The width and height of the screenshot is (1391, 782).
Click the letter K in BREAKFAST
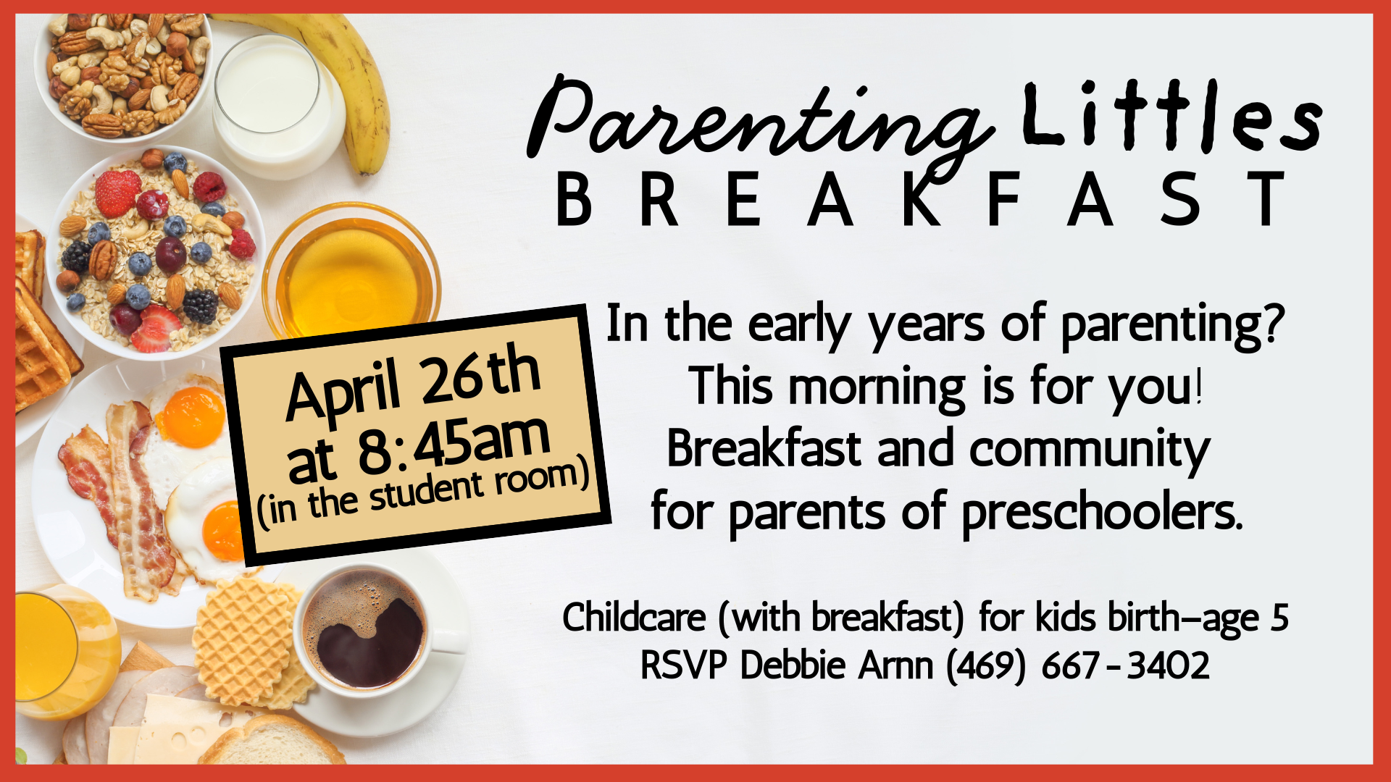(922, 199)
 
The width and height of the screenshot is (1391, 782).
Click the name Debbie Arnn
(836, 665)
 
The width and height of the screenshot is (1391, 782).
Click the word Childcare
(633, 618)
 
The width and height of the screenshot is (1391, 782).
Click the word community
(1090, 449)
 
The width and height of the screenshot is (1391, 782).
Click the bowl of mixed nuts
(123, 72)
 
